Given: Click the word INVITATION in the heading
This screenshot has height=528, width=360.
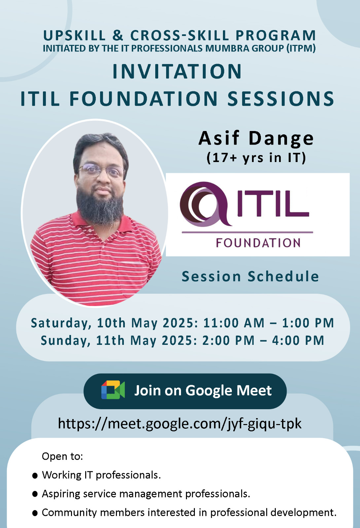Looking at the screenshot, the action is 177,71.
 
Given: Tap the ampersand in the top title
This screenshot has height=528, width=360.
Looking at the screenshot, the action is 118,35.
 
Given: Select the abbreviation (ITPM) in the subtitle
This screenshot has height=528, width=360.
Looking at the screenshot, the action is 301,48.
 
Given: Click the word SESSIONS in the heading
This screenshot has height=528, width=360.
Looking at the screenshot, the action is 280,99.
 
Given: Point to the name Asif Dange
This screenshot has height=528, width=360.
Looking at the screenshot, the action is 256,138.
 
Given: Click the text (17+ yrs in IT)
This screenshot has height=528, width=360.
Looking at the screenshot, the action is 256,158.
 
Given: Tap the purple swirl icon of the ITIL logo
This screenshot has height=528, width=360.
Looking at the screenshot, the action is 205,204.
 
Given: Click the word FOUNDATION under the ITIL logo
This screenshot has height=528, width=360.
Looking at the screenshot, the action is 258,243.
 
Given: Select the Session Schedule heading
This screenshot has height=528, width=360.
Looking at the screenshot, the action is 250,276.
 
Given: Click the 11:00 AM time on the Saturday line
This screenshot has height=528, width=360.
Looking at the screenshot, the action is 234,323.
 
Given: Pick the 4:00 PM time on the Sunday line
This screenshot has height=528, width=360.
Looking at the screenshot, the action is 298,341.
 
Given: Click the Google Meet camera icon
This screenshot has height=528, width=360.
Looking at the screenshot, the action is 113,390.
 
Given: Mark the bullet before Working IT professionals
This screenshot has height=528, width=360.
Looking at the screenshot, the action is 35,476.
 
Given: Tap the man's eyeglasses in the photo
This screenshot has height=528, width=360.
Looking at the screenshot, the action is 101,170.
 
